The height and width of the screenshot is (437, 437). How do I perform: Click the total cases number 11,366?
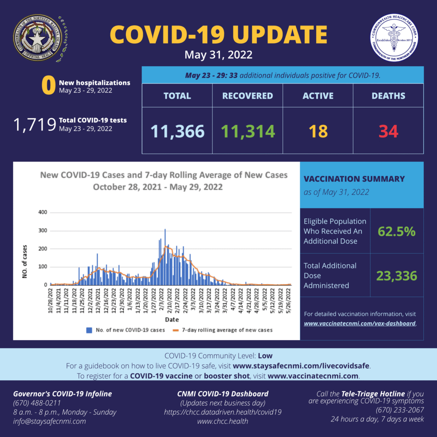pyautogui.click(x=177, y=131)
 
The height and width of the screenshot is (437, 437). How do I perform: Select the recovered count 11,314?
pyautogui.click(x=248, y=131)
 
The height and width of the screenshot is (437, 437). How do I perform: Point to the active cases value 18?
pyautogui.click(x=318, y=131)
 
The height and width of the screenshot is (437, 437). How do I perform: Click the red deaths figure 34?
pyautogui.click(x=388, y=131)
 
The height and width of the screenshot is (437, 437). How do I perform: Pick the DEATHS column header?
pyautogui.click(x=388, y=96)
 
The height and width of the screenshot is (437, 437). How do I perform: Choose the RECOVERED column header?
pyautogui.click(x=248, y=96)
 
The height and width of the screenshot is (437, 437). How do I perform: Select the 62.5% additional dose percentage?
pyautogui.click(x=396, y=231)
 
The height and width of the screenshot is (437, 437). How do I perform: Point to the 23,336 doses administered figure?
pyautogui.click(x=396, y=276)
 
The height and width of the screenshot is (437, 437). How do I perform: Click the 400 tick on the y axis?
pyautogui.click(x=43, y=213)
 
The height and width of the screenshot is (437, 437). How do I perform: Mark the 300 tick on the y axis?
pyautogui.click(x=43, y=231)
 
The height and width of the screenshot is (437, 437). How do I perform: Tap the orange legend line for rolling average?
pyautogui.click(x=175, y=330)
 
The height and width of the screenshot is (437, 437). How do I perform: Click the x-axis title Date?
pyautogui.click(x=172, y=319)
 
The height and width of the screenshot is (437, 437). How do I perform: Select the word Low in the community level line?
pyautogui.click(x=265, y=355)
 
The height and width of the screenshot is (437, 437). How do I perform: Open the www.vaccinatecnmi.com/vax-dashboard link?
pyautogui.click(x=359, y=323)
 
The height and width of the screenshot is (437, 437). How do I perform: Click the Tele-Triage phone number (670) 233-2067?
pyautogui.click(x=400, y=410)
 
